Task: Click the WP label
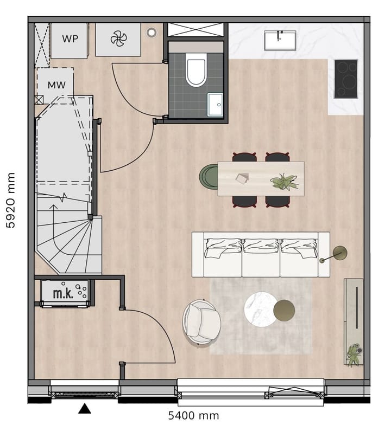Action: [x=69, y=39]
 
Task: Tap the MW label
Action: [x=56, y=85]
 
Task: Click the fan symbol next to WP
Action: [x=118, y=38]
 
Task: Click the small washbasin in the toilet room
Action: [x=215, y=104]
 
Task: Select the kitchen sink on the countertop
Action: [x=280, y=40]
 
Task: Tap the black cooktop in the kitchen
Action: [x=346, y=79]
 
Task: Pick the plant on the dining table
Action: [x=285, y=182]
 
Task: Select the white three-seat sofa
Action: [x=261, y=254]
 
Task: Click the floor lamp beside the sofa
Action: [x=340, y=253]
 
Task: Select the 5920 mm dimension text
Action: [x=11, y=201]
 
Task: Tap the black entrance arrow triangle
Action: [x=85, y=408]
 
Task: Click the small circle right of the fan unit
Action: [x=152, y=32]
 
